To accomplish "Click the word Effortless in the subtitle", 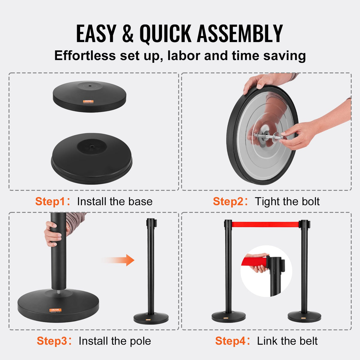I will click(85, 56).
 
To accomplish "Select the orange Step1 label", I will click(50, 201).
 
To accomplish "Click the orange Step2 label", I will click(228, 201).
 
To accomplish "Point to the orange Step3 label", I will click(52, 341).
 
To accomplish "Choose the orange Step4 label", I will click(230, 341).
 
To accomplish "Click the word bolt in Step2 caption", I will click(307, 201).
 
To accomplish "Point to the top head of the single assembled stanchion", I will click(151, 223).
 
